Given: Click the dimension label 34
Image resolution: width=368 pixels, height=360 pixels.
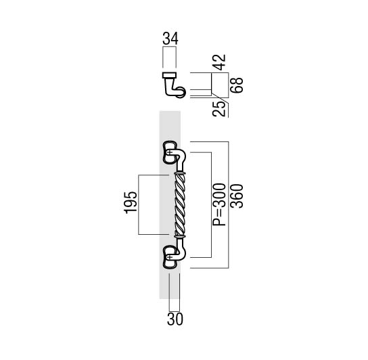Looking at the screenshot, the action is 170,39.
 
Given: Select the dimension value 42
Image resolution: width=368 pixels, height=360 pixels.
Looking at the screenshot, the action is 220,62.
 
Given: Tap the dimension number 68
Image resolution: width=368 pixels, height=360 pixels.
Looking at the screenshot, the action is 237,85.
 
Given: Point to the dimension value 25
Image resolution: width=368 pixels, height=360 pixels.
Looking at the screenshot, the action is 219,109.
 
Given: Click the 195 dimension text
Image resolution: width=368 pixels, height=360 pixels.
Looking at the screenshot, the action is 131,202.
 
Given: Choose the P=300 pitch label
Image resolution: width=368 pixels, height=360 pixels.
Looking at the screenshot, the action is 219,204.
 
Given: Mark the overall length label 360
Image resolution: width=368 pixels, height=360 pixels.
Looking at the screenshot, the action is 237,196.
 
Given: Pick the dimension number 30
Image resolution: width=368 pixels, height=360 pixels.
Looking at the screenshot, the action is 175,319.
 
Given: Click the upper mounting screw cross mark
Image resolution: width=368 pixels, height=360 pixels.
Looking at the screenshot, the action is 170,153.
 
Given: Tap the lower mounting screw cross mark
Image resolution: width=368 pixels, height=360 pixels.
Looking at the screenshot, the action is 170,257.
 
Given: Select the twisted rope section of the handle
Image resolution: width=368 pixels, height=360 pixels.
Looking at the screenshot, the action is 180,204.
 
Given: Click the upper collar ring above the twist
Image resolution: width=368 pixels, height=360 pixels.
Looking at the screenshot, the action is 180,173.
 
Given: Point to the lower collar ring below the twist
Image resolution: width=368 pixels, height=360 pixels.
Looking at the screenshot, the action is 180,236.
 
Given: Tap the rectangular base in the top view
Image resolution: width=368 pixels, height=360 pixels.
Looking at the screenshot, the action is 169,75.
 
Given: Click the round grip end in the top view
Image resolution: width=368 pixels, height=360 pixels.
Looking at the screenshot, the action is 181,92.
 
